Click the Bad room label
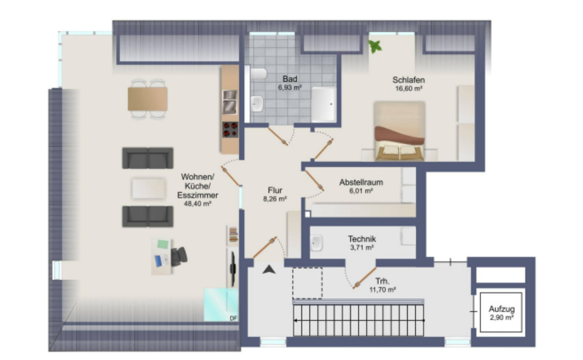(289, 79)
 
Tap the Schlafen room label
(408, 80)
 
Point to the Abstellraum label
(361, 182)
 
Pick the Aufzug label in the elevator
(501, 308)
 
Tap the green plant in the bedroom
(375, 46)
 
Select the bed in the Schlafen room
(399, 131)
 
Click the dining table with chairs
(148, 98)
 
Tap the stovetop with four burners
(230, 129)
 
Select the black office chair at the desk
(179, 256)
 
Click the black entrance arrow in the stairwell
(268, 270)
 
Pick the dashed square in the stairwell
(307, 282)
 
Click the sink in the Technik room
(316, 243)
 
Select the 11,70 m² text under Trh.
(383, 290)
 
